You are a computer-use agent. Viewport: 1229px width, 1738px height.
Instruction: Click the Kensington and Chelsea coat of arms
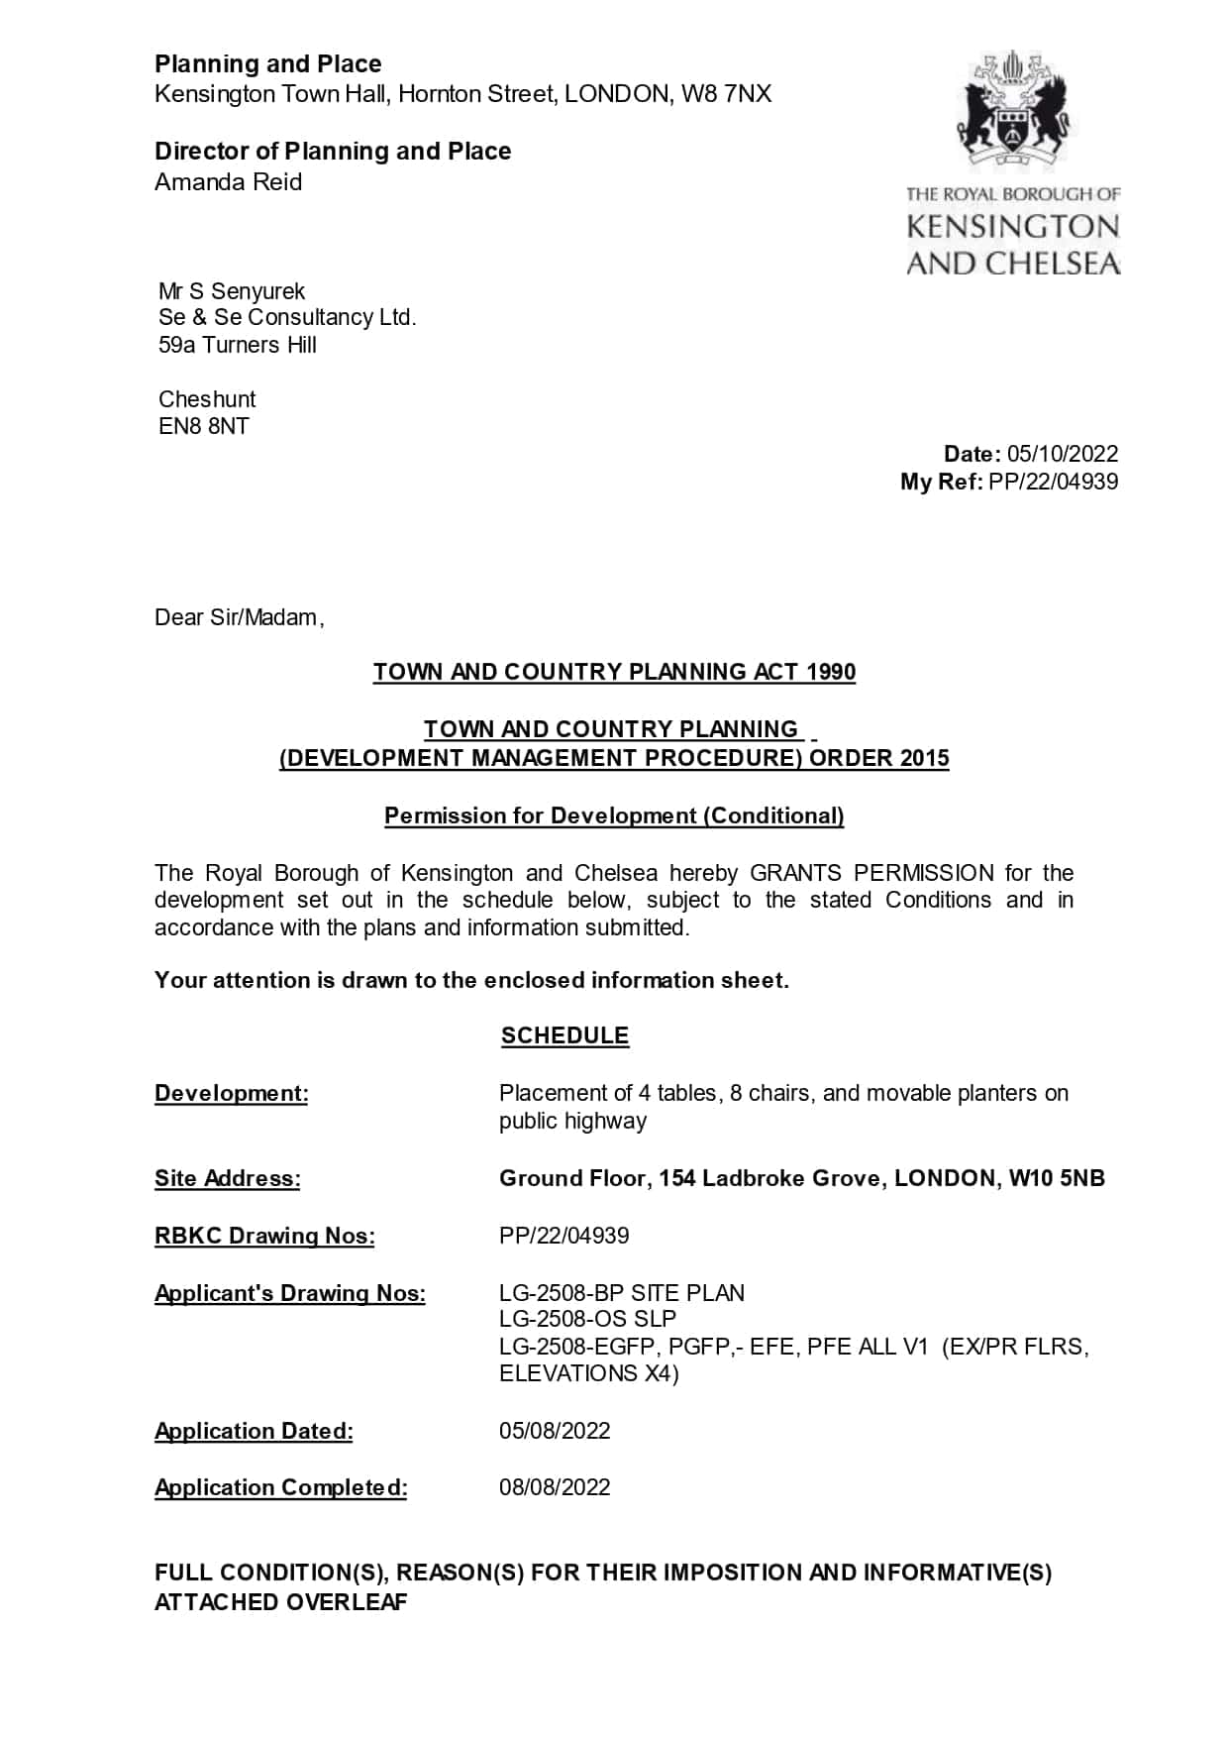pos(1012,111)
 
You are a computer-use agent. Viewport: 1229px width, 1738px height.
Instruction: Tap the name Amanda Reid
pos(229,182)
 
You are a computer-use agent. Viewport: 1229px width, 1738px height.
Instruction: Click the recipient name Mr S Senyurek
pos(232,291)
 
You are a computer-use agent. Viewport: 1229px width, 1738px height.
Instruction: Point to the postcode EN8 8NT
pos(204,427)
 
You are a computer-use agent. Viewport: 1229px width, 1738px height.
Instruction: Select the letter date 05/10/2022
pos(1063,454)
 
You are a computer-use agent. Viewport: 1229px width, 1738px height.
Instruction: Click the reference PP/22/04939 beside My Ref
pos(1054,482)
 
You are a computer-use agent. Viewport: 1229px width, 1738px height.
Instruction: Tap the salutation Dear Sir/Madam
pos(239,617)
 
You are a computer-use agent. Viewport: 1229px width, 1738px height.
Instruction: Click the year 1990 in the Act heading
pos(830,672)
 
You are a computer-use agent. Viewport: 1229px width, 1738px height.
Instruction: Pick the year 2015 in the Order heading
pos(924,758)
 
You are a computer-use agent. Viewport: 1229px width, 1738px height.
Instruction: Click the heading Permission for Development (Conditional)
pos(614,815)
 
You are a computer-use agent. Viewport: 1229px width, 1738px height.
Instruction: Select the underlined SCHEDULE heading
pos(564,1035)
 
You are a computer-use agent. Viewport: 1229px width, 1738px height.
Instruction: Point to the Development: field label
pos(232,1093)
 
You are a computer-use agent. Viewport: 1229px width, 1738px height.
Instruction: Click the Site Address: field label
pos(228,1178)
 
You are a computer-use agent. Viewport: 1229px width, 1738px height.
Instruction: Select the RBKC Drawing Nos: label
pos(264,1236)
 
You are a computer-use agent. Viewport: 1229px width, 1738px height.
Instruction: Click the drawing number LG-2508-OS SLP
pos(587,1319)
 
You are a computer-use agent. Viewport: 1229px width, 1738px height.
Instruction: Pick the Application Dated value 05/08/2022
pos(555,1431)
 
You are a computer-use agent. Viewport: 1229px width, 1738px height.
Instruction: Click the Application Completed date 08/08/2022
pos(555,1487)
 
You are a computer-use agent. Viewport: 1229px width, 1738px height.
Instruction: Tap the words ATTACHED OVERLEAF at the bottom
pos(281,1602)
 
